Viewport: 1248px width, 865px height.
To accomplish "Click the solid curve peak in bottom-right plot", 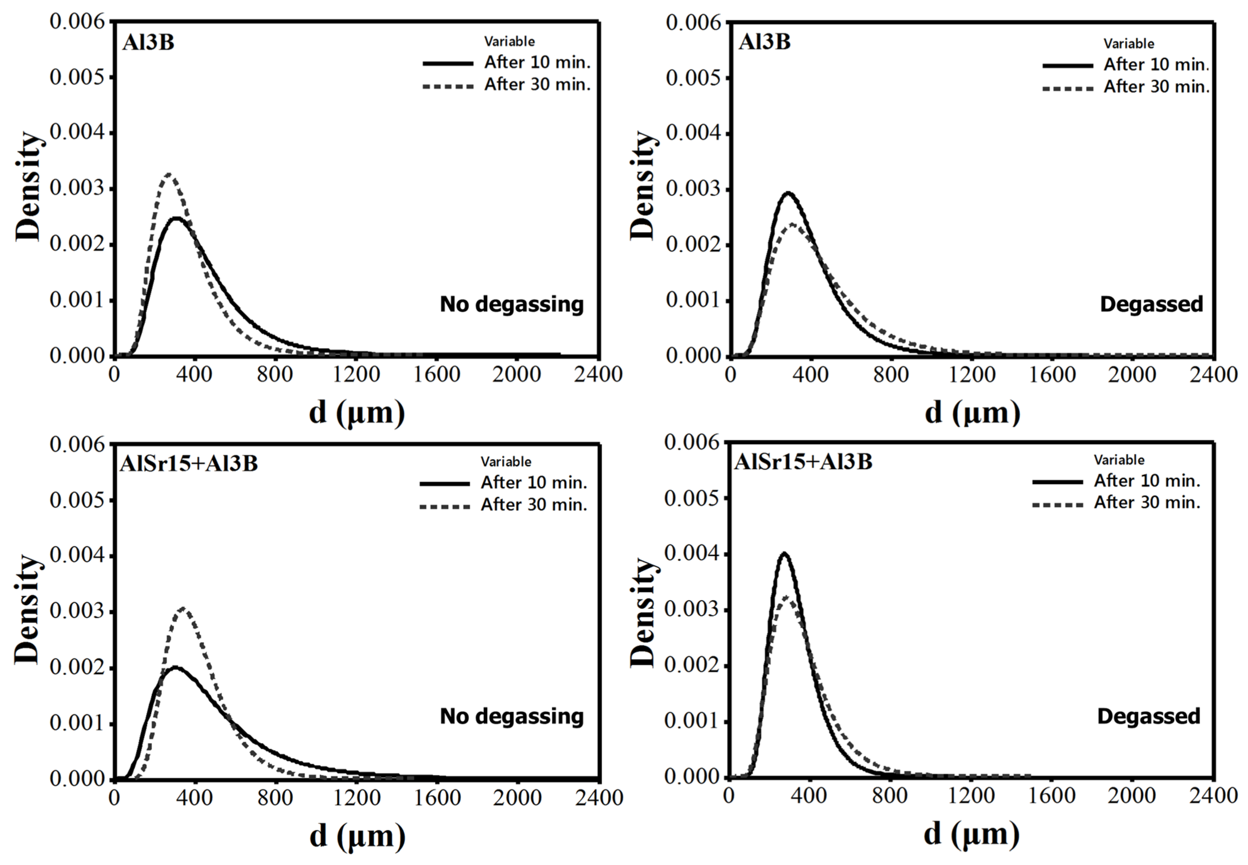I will (x=784, y=553).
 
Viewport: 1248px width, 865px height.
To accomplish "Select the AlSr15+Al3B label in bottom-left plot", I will (x=189, y=463).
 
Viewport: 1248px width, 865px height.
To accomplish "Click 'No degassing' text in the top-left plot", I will (x=511, y=305).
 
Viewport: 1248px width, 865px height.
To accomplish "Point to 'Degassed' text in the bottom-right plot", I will (x=1148, y=716).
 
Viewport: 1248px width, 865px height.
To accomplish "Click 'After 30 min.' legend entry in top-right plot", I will (x=1156, y=87).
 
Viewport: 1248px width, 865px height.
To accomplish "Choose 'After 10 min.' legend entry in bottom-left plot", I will (x=534, y=482).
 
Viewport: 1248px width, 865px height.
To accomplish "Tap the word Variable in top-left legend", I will (x=509, y=42).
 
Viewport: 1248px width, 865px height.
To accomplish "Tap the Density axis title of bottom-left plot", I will (x=27, y=610).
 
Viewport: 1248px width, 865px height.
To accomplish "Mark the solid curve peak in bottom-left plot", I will (x=175, y=667).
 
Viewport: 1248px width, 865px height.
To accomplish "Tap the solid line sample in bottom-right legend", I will (x=1057, y=481).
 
